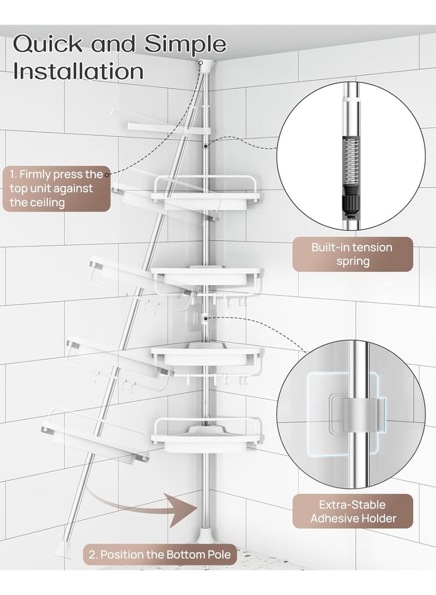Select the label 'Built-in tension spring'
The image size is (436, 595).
pos(352,254)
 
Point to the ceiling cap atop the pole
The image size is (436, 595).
pos(206,64)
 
